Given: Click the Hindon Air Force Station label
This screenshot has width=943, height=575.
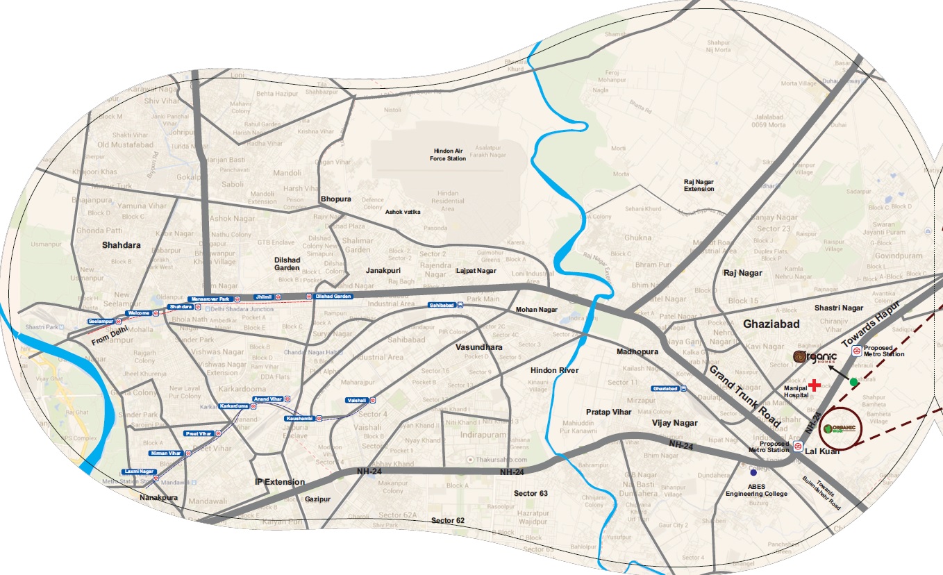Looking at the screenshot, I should (447, 154).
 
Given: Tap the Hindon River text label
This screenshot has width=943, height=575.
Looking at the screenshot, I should (554, 370).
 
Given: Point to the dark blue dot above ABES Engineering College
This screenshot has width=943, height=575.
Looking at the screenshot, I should (753, 473).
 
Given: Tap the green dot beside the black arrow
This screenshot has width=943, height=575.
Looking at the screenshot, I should (853, 382).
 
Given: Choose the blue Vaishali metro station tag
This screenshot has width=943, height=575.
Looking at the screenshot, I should (358, 401).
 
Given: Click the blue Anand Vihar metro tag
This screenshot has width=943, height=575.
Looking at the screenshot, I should (268, 399).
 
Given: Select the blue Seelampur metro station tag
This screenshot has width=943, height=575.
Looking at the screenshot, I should (100, 321).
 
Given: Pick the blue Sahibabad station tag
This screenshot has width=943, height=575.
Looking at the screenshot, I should (442, 305).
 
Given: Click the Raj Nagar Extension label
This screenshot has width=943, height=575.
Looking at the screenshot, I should (699, 185).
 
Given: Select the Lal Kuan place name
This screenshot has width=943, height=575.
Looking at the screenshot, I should (822, 451).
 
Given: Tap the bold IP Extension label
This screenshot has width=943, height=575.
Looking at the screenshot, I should (280, 482).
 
